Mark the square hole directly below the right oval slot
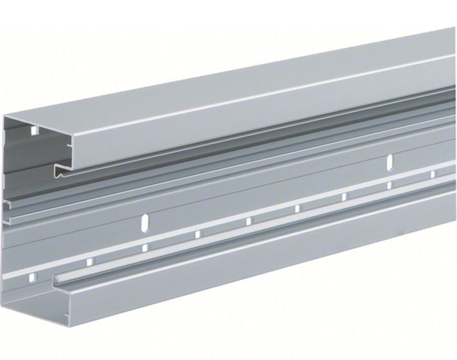pos(390,185)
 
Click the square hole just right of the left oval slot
pos(198,234)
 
